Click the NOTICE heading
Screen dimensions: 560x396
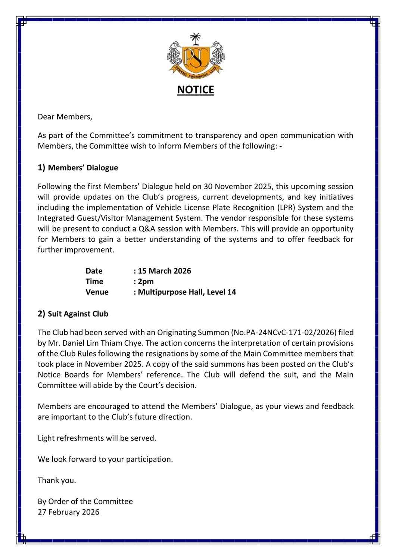(x=196, y=90)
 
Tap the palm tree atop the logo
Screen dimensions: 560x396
(x=195, y=38)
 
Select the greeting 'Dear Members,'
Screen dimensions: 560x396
(x=65, y=117)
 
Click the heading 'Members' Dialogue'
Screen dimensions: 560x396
(x=83, y=168)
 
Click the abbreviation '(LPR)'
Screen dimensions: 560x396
(x=286, y=208)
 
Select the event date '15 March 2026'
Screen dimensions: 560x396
(x=164, y=271)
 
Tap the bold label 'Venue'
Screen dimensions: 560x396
(x=97, y=292)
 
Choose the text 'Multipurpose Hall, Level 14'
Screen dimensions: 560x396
(x=187, y=292)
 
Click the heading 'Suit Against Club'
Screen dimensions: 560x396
(x=78, y=314)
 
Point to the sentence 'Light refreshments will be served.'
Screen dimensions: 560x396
(x=97, y=438)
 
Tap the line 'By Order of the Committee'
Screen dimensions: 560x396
(x=85, y=501)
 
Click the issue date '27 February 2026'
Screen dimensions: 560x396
(x=69, y=512)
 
